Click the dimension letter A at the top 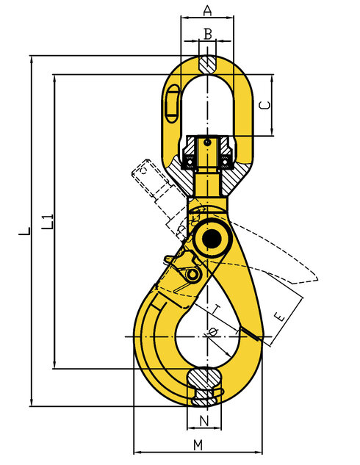(207, 10)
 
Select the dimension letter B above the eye (207, 33)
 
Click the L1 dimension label (47, 220)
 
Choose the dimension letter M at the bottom (198, 445)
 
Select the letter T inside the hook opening (217, 307)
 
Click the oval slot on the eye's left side (173, 102)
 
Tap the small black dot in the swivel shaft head (208, 142)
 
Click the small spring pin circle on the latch (192, 275)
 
